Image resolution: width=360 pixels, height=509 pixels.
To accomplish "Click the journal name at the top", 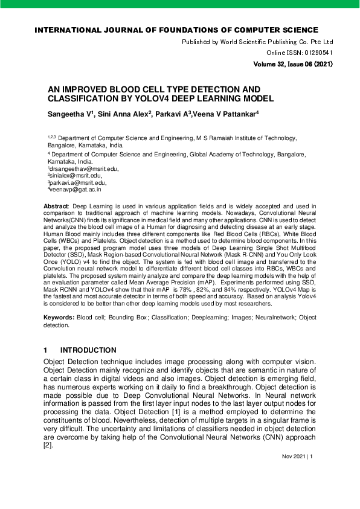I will pos(176,30).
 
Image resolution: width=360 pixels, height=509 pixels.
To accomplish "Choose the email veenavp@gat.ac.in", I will pos(76,189).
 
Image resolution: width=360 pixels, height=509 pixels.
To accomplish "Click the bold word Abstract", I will pos(56,206).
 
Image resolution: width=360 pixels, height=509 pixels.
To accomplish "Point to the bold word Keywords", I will pos(59,318).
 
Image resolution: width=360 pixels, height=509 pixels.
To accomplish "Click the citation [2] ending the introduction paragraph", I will pos(48,446).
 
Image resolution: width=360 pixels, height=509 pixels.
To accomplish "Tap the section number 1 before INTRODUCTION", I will pos(45,351).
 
